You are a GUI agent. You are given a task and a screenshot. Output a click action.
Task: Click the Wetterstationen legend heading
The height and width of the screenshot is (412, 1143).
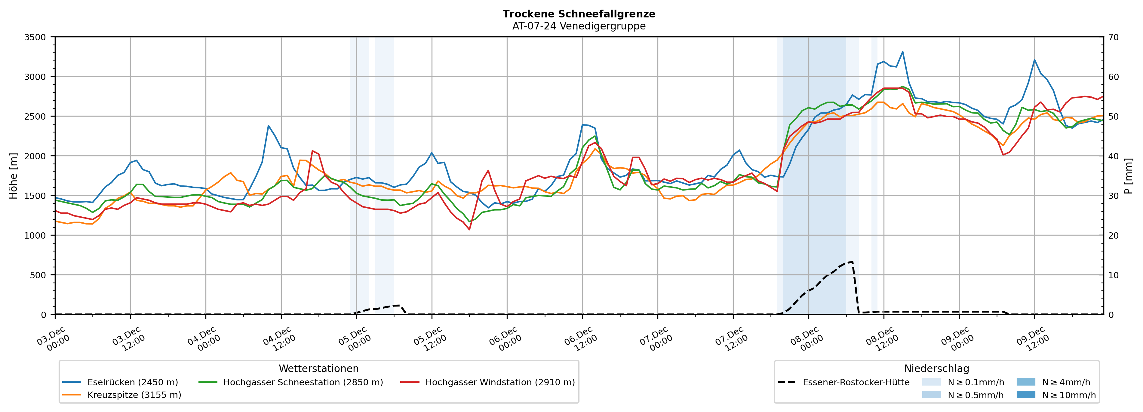pyautogui.click(x=318, y=368)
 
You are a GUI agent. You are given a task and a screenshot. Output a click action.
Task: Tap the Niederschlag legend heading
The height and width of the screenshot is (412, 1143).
pyautogui.click(x=936, y=368)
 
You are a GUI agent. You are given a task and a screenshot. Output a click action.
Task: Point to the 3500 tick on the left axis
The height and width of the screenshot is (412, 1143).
pyautogui.click(x=35, y=37)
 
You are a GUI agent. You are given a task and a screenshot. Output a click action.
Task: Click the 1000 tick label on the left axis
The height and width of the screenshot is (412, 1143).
pyautogui.click(x=35, y=236)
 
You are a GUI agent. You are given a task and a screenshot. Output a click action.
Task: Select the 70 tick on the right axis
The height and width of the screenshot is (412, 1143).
pyautogui.click(x=1114, y=37)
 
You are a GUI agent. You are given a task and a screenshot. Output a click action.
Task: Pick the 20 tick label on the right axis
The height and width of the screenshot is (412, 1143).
pyautogui.click(x=1114, y=236)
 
